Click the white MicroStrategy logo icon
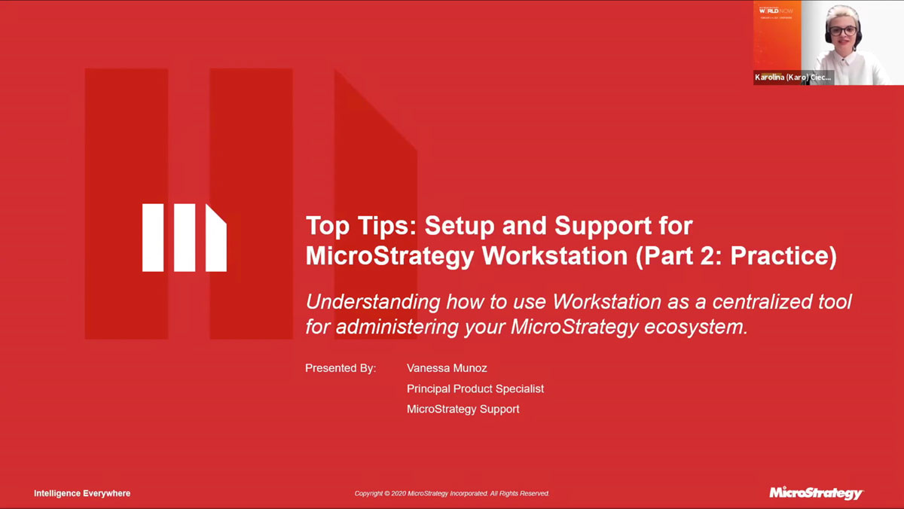(184, 237)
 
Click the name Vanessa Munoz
(447, 368)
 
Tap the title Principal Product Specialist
(475, 389)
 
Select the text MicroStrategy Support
(463, 409)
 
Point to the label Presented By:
(340, 368)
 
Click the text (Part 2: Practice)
(736, 256)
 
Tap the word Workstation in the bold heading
(554, 256)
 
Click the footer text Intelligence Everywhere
(82, 493)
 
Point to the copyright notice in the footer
(452, 494)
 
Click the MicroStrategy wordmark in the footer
(816, 493)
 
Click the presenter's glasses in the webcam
(841, 32)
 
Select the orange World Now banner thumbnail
(776, 34)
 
